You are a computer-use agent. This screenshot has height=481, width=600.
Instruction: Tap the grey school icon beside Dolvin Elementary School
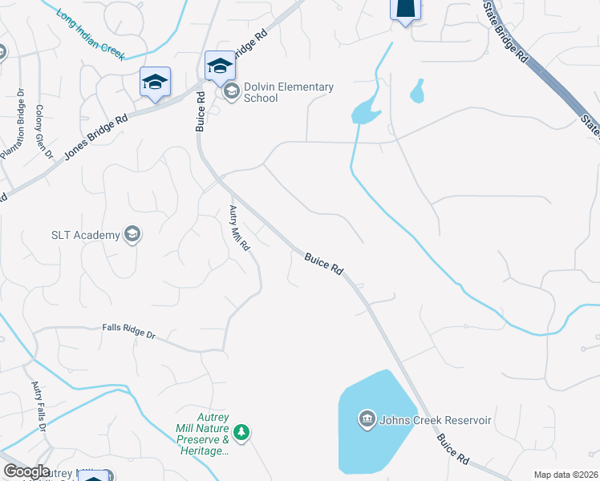coord(231,92)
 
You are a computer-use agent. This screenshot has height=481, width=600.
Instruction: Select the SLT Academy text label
coord(84,235)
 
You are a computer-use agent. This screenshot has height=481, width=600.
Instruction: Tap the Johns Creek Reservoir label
coord(436,419)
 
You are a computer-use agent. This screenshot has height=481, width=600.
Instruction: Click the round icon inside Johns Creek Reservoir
coord(367,418)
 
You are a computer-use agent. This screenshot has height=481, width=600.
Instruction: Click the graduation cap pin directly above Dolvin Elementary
coord(220,67)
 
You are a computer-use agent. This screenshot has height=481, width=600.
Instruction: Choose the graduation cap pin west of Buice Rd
coord(155,82)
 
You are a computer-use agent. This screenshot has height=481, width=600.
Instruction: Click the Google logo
coord(26,471)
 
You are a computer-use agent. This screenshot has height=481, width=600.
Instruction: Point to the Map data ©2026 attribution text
coord(565,475)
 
